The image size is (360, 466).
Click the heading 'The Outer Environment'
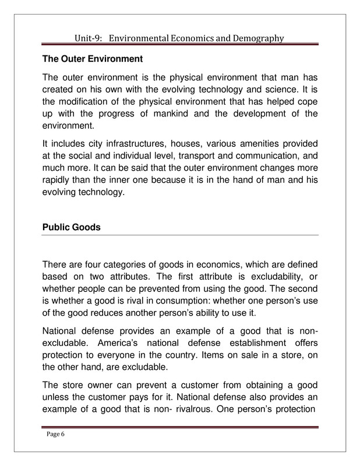(x=93, y=59)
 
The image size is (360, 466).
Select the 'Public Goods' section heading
(x=71, y=227)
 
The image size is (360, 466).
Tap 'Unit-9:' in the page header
(x=90, y=38)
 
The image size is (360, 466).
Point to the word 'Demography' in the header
(x=256, y=38)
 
